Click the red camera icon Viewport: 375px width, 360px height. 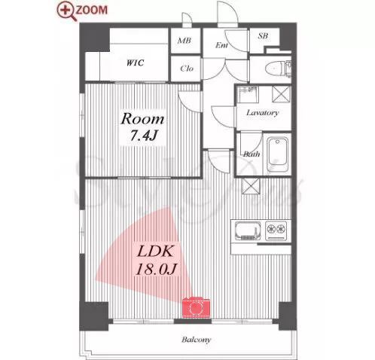point(196,307)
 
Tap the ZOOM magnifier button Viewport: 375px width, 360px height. point(82,11)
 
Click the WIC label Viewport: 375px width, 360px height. point(135,63)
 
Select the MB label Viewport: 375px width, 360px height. point(184,41)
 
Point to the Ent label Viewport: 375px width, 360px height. point(221,45)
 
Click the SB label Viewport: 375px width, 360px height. point(263,36)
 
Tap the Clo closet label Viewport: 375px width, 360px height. point(187,69)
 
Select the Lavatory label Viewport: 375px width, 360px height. point(262,112)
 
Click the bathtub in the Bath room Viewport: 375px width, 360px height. point(277,154)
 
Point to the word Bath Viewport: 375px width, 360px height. point(252,154)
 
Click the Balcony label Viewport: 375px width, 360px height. point(197,340)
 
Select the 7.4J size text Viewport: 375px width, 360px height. point(143,136)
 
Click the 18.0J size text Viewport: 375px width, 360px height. point(157,270)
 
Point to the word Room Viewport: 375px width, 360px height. point(142,119)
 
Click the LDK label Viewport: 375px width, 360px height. point(155,252)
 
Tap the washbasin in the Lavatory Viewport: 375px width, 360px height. point(248,94)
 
